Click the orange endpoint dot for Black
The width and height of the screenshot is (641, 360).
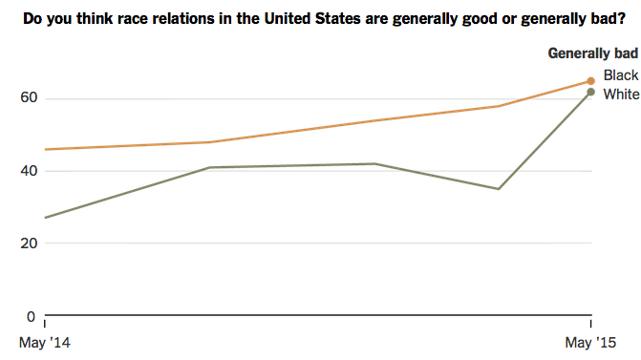[590, 81]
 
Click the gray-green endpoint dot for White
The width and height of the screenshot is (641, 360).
[590, 92]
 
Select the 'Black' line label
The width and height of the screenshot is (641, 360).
[621, 75]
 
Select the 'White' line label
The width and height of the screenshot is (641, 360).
[621, 94]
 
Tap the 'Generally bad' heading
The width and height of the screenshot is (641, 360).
[592, 53]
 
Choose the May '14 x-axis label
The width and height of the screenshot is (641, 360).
[46, 342]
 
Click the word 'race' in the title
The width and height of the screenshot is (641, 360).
[151, 18]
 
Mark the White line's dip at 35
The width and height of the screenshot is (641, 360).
[498, 188]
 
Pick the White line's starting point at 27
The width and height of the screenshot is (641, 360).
[45, 218]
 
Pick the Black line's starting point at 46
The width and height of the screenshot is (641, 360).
[45, 149]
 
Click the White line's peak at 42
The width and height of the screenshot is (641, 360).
[375, 163]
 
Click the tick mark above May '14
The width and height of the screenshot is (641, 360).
[45, 319]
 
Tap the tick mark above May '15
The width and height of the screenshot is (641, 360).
[590, 319]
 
